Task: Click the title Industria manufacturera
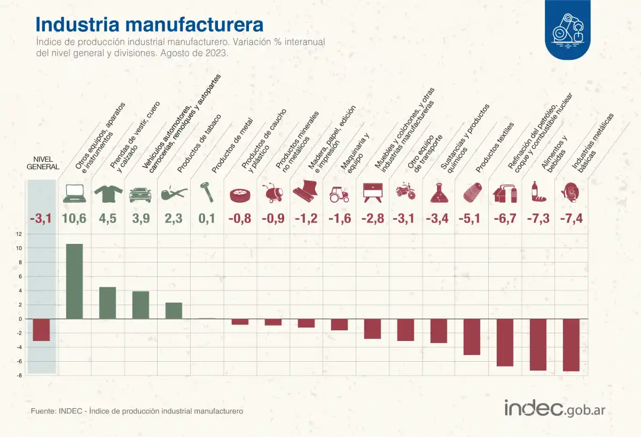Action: pos(149,25)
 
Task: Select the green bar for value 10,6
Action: pos(74,281)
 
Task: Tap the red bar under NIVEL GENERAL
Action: pos(41,330)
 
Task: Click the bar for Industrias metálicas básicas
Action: pos(571,345)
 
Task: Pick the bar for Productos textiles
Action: pos(472,337)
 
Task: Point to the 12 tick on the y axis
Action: pos(19,234)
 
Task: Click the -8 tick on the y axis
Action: pos(19,376)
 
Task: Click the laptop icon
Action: pos(75,193)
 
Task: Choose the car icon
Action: pos(140,194)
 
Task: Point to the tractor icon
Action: pos(339,194)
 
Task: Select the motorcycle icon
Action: pos(405,192)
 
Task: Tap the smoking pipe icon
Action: pos(174,193)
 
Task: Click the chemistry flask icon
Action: pos(439,193)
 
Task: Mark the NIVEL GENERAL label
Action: pos(42,163)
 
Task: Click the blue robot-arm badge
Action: pos(568,30)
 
